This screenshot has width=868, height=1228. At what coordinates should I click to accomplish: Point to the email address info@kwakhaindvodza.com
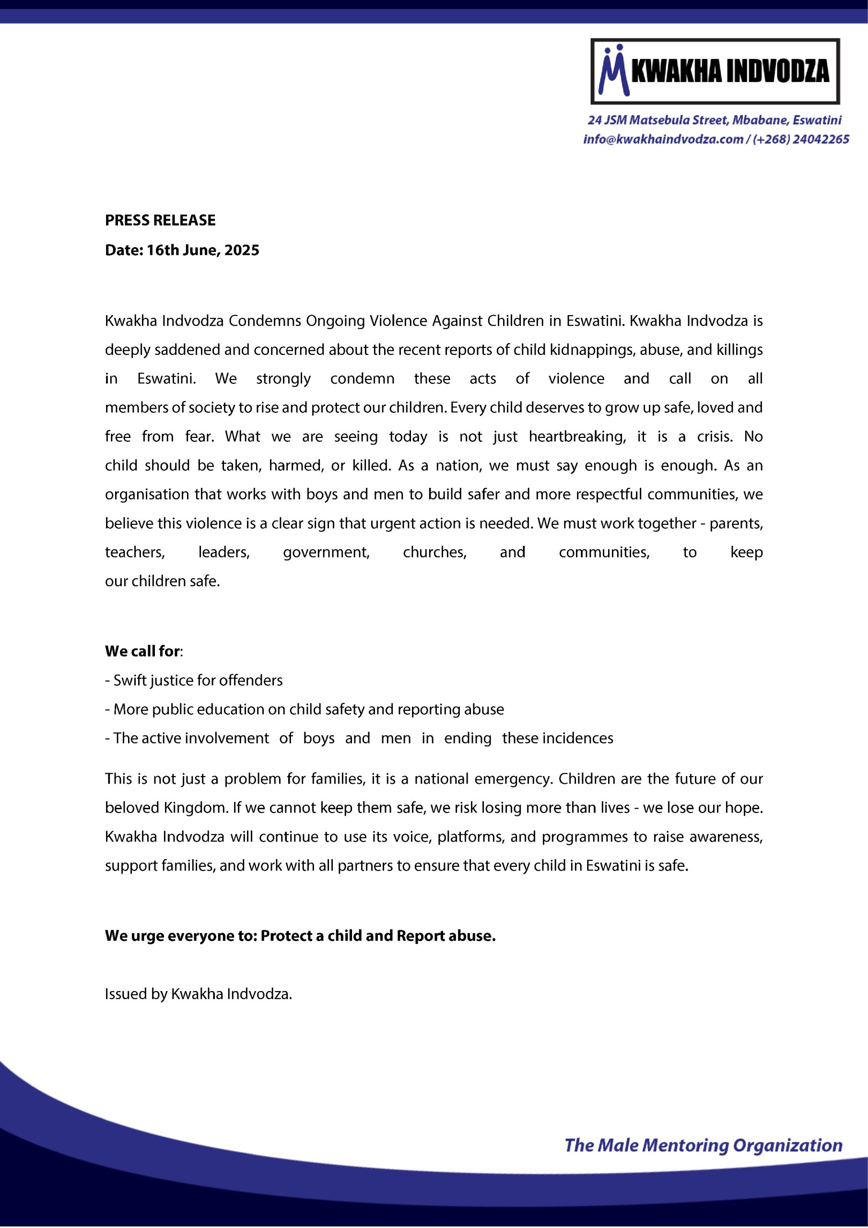pyautogui.click(x=663, y=140)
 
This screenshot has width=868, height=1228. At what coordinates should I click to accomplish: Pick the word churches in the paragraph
pyautogui.click(x=435, y=552)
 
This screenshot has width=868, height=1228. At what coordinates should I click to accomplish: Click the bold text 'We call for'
pyautogui.click(x=142, y=651)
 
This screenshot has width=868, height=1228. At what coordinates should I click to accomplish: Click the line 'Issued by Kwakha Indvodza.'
pyautogui.click(x=199, y=994)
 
